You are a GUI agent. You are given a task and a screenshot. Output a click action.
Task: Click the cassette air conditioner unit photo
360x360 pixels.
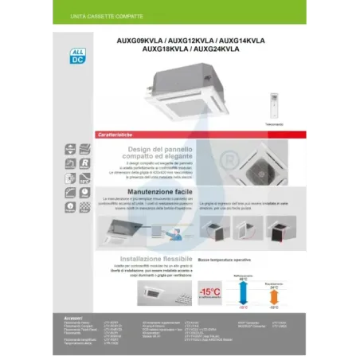(181, 94)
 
